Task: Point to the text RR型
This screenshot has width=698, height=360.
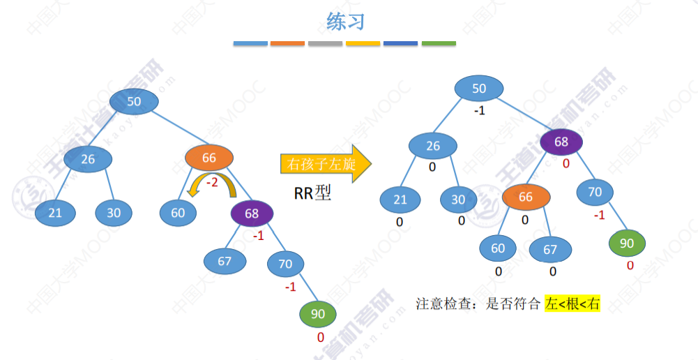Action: pyautogui.click(x=312, y=193)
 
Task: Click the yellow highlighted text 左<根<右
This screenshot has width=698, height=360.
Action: pyautogui.click(x=572, y=303)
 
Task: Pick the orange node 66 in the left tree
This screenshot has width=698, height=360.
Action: pyautogui.click(x=208, y=158)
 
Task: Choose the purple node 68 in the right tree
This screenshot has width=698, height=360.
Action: pyautogui.click(x=561, y=142)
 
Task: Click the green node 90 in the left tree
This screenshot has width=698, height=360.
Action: pyautogui.click(x=318, y=314)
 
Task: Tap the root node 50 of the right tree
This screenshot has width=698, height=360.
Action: pyautogui.click(x=479, y=89)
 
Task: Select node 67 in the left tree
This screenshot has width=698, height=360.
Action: pyautogui.click(x=224, y=261)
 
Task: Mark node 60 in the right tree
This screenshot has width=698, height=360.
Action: pyautogui.click(x=498, y=248)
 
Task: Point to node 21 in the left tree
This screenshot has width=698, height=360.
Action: pyautogui.click(x=55, y=213)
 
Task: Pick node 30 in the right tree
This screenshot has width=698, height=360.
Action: pyautogui.click(x=458, y=200)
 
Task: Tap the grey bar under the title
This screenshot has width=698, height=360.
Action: pyautogui.click(x=325, y=43)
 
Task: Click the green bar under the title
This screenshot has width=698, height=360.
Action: pyautogui.click(x=439, y=43)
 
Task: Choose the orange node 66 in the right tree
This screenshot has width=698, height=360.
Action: pyautogui.click(x=525, y=197)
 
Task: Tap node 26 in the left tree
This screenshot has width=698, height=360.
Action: pyautogui.click(x=88, y=159)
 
